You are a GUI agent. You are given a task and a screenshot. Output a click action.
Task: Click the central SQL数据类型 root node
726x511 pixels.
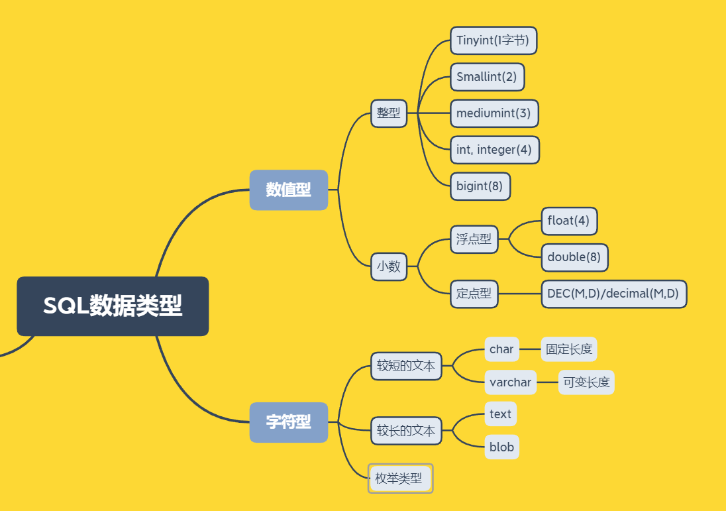tap(113, 306)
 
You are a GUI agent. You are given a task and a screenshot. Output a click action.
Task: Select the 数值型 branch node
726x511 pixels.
tap(288, 190)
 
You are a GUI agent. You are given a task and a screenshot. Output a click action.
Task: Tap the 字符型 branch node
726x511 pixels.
tap(288, 422)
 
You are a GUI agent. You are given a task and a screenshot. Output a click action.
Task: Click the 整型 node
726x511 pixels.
tap(389, 113)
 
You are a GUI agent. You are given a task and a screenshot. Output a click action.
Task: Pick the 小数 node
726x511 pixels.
tap(389, 266)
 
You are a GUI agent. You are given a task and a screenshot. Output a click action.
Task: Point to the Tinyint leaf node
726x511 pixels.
tap(493, 40)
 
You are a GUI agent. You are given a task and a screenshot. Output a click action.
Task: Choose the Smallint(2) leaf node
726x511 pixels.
tap(487, 77)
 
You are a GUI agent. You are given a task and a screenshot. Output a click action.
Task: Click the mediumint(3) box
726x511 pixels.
tap(493, 113)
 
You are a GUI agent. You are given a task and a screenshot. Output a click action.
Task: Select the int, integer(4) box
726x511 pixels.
tap(494, 150)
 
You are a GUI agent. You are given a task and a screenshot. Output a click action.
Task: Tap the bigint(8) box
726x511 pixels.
tap(480, 186)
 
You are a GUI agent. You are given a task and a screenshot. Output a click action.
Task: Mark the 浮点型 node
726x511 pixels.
tap(474, 239)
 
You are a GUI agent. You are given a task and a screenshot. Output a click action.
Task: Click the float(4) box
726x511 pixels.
tap(569, 221)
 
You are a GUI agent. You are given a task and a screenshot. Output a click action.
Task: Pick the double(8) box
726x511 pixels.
tap(574, 257)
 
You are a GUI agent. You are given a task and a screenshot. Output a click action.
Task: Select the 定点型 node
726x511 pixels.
tap(474, 294)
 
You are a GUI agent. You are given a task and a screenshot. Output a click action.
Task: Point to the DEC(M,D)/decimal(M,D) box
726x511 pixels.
tap(613, 294)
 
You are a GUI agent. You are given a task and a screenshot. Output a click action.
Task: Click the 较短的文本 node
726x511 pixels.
tap(406, 366)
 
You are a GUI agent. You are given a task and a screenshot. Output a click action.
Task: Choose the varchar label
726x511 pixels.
tap(510, 382)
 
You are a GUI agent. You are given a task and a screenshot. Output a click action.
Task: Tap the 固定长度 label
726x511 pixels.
tap(569, 349)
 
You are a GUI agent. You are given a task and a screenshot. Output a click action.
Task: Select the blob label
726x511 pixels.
tap(501, 447)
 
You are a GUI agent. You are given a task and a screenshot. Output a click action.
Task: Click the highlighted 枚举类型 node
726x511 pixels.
tap(399, 478)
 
